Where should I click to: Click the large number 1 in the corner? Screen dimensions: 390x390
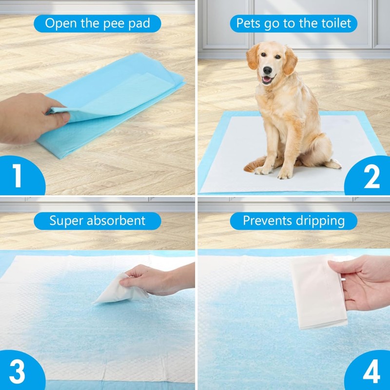[x=18, y=175]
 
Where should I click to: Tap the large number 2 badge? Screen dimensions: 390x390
[x=371, y=176]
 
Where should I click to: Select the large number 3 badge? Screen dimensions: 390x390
[x=18, y=371]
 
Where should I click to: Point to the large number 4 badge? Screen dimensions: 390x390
[x=371, y=372]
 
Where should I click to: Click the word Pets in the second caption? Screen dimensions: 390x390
[x=248, y=23]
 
